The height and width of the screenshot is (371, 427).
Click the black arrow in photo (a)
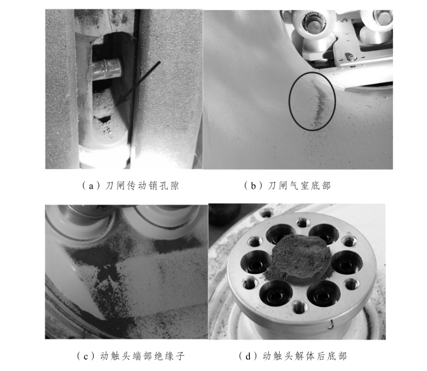tap(137, 84)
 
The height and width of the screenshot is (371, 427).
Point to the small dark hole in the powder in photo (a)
tap(104, 119)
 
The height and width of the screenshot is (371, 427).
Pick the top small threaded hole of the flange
tap(302, 223)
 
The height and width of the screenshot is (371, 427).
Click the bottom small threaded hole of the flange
tap(299, 307)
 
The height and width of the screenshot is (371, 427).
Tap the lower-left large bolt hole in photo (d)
tap(276, 294)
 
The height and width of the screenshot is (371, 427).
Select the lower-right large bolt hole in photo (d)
tap(323, 294)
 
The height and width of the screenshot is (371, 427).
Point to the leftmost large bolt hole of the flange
tap(254, 263)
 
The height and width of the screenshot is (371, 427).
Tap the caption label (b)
tap(253, 186)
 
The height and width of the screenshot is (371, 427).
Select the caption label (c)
tap(86, 356)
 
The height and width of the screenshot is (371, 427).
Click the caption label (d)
tap(249, 356)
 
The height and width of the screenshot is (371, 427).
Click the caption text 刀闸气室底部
tap(299, 185)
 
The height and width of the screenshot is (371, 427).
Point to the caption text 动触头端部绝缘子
tap(142, 356)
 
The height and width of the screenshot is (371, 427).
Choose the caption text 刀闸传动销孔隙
tap(142, 185)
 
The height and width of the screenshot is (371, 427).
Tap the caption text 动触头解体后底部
tap(305, 356)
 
